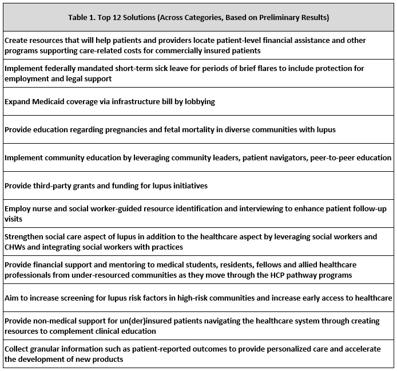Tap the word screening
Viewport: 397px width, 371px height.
[102, 298]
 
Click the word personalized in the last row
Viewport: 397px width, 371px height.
[253, 349]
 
